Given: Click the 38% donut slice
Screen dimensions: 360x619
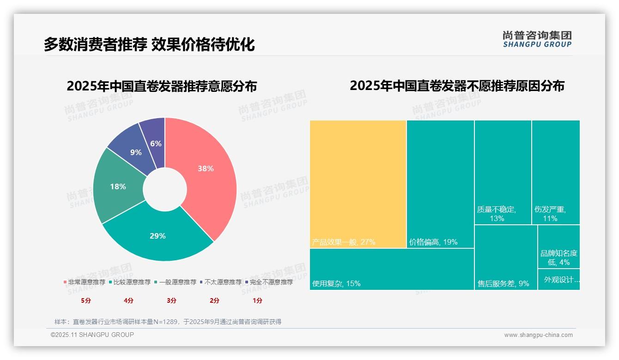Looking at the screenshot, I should (x=206, y=175).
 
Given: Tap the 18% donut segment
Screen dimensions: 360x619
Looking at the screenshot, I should (x=118, y=187).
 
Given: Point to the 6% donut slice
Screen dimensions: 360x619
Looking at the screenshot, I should (x=155, y=141).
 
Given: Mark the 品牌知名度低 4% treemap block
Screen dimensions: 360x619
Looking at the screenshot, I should (x=558, y=246).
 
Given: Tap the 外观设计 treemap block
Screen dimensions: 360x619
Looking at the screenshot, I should (x=558, y=279).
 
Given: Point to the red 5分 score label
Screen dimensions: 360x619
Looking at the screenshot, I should (x=86, y=300).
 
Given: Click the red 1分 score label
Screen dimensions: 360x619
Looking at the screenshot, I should (x=257, y=300).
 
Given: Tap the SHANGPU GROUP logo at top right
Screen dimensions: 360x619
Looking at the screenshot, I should (x=537, y=39).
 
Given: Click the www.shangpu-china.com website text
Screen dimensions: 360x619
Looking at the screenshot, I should (x=538, y=335).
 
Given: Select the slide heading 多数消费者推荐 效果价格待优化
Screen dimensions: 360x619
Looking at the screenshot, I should (x=149, y=44).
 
